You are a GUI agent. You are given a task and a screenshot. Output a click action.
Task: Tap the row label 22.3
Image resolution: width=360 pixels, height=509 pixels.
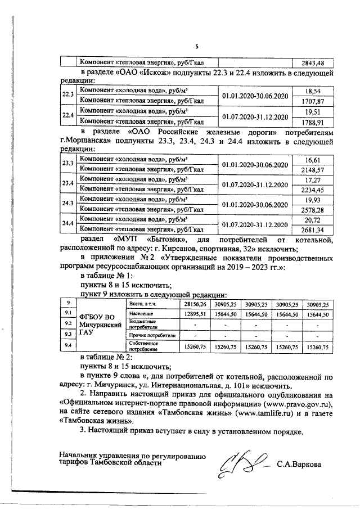point(68,95)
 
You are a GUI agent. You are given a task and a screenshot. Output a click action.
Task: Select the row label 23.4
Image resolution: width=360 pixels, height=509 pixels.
point(68,184)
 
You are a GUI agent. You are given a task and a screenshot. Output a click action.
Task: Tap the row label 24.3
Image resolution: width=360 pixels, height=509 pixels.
point(68,204)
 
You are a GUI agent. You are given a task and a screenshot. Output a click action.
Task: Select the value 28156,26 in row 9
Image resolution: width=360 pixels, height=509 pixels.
point(195,304)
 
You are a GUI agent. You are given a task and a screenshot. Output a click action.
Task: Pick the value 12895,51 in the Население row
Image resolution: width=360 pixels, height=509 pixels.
point(195,314)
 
